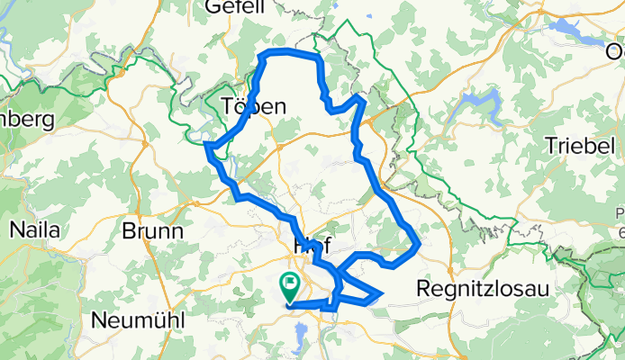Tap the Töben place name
(x=254, y=106)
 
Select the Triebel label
(x=584, y=146)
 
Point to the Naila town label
(x=34, y=229)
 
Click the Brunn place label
(x=152, y=230)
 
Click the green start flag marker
(x=290, y=287)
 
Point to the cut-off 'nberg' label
(x=27, y=119)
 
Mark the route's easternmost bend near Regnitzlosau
(x=420, y=241)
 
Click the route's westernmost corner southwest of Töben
(x=207, y=145)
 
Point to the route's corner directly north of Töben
(x=263, y=57)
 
